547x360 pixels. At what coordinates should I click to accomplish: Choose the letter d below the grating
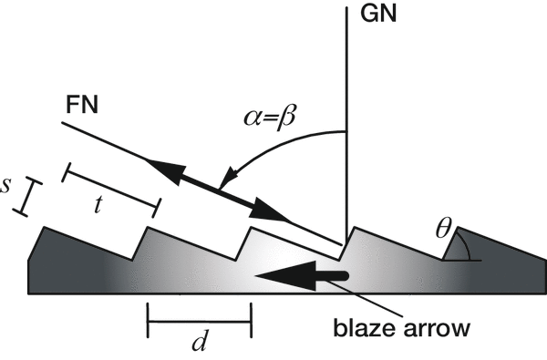(x=200, y=344)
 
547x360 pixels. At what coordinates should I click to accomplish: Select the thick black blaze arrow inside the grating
(x=302, y=274)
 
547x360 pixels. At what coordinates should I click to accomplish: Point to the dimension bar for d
(x=199, y=320)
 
